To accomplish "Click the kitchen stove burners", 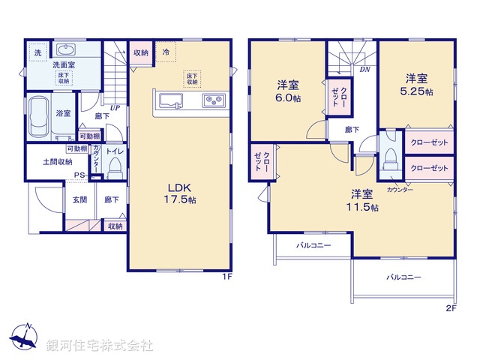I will click(211, 100).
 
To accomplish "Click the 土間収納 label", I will click(57, 161).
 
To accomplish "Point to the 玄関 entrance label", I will click(79, 199).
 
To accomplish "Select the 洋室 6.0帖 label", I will click(288, 90).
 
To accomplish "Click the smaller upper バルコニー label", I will click(313, 245).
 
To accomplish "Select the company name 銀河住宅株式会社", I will click(99, 346).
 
